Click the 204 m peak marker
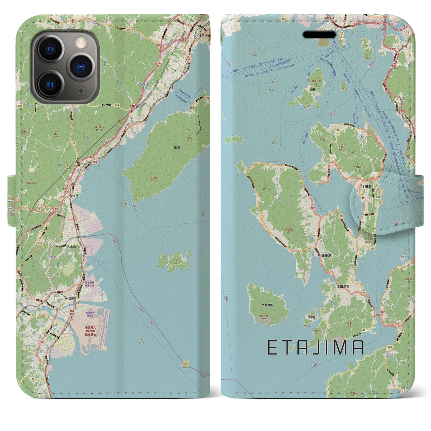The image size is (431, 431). pyautogui.click(x=175, y=264)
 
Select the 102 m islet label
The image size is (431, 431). pyautogui.click(x=184, y=368)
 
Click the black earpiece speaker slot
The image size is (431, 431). pyautogui.click(x=320, y=35)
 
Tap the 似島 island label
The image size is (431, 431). pyautogui.click(x=313, y=90)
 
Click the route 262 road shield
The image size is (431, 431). pyautogui.click(x=284, y=19)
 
